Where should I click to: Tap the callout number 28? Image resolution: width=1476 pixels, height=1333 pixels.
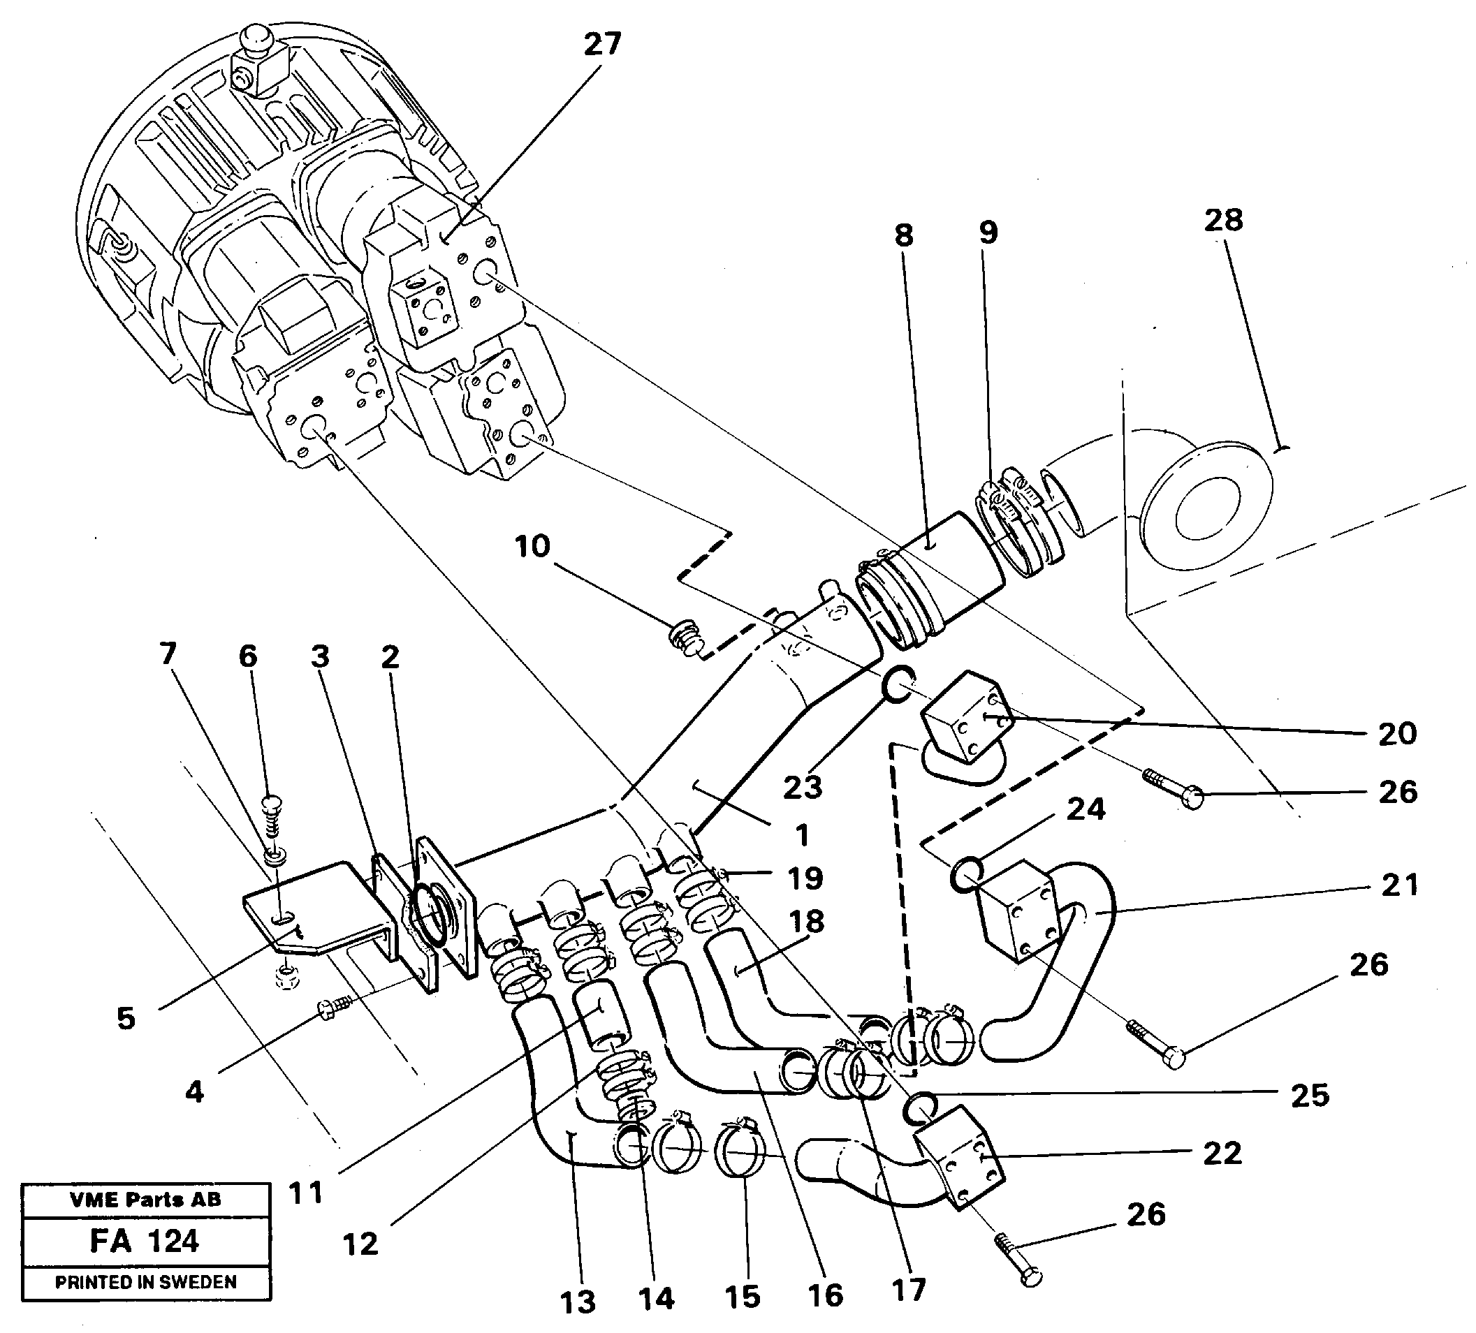coord(1223,221)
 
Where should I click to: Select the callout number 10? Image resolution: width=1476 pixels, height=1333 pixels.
coord(532,547)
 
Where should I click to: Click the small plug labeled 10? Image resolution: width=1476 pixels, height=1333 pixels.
coord(686,636)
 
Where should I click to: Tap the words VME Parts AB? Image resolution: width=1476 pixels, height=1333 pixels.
coord(145,1200)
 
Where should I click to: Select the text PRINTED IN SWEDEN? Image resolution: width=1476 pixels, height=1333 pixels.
coord(146,1283)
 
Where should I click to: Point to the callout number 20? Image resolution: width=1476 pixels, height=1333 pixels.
coord(1397,733)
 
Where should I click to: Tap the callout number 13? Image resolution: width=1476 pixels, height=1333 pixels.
coord(578,1303)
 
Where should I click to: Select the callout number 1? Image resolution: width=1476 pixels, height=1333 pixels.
coord(802,835)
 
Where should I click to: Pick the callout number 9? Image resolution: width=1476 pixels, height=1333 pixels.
coord(988,233)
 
